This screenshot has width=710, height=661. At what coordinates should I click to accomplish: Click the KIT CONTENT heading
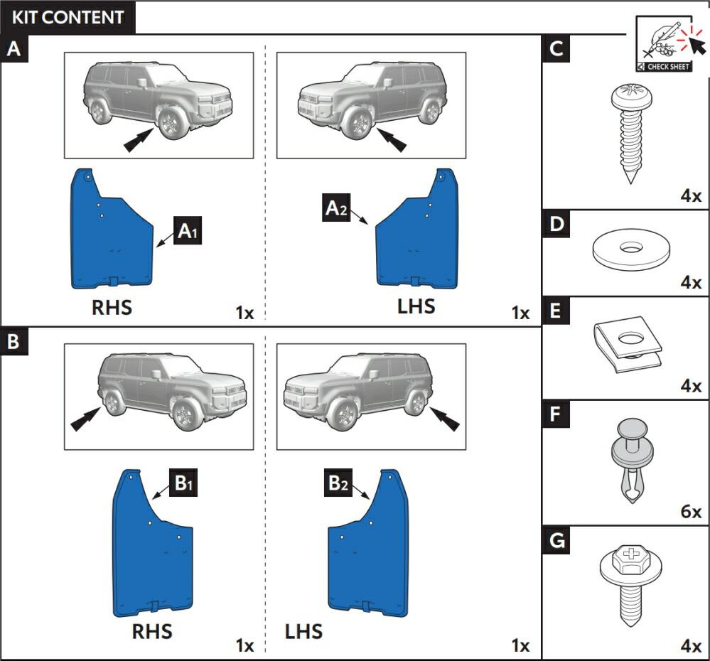click(68, 17)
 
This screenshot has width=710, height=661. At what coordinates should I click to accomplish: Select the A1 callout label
click(188, 231)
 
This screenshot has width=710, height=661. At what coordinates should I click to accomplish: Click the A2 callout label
click(337, 209)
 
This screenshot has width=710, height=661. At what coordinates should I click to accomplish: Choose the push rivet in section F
click(626, 458)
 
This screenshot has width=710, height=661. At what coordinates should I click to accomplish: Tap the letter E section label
click(556, 311)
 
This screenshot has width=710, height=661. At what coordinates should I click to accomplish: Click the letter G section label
click(556, 541)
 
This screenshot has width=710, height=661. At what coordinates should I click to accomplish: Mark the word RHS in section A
click(112, 308)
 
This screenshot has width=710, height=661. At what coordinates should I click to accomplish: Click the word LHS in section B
click(303, 631)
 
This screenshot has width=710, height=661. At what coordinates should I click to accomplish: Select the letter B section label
click(14, 342)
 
